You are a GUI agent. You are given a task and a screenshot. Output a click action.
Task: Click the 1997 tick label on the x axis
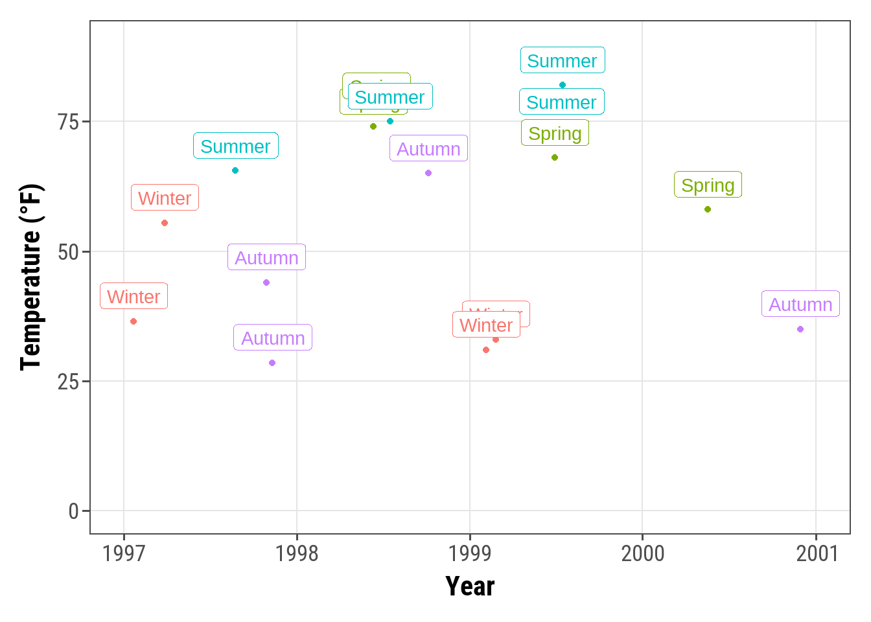124,553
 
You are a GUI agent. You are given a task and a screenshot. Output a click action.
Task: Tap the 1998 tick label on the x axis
297,553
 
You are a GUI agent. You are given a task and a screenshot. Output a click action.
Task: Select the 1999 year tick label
470,553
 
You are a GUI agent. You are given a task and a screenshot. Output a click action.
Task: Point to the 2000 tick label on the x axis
643,553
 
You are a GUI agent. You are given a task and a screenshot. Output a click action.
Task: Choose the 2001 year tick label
817,553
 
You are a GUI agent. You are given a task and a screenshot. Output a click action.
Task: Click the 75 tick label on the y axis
68,122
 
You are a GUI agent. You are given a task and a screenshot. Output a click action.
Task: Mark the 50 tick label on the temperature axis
68,252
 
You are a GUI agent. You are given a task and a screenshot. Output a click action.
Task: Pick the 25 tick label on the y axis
68,382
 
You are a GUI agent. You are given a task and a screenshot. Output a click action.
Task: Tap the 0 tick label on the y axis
73,512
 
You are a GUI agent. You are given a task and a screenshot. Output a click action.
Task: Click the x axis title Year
470,586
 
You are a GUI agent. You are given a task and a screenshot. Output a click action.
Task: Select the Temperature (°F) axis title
30,277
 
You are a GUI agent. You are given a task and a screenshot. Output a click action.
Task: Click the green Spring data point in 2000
708,209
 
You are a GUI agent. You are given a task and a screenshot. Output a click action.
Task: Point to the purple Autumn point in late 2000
800,329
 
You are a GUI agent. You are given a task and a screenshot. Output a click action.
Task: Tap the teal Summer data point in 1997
235,170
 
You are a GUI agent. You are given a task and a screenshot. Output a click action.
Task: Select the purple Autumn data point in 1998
428,173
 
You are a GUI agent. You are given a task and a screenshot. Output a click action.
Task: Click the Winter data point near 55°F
165,223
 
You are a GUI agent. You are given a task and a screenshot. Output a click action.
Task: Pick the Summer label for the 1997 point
235,146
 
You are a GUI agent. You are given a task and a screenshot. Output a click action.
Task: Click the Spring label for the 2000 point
708,185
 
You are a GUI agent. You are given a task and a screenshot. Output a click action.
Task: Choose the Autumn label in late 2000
800,305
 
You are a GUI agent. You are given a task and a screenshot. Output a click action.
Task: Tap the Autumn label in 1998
428,149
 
